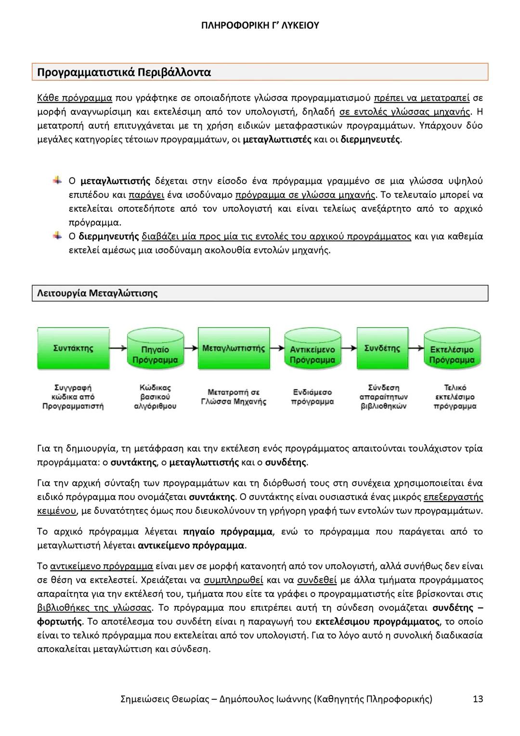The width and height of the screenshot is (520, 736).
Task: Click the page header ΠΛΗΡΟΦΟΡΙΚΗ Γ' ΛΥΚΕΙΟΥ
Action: click(260, 26)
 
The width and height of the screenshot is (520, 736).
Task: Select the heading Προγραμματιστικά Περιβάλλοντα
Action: click(124, 72)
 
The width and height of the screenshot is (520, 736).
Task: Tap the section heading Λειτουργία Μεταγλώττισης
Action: click(97, 293)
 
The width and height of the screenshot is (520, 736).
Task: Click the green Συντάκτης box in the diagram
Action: click(73, 348)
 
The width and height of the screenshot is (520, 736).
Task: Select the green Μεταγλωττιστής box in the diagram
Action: click(234, 348)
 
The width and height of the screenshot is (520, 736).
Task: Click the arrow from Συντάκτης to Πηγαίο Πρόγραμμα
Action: click(119, 348)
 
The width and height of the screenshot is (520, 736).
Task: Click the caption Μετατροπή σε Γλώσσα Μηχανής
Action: click(234, 397)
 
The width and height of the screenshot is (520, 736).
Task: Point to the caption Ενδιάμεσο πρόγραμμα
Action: click(312, 397)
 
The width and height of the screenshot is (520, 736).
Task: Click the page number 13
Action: click(478, 699)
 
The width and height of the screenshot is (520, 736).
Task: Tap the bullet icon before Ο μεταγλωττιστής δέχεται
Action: click(57, 181)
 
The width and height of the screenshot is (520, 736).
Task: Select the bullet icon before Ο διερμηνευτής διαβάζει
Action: click(57, 236)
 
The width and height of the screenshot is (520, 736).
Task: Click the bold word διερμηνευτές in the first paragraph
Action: click(370, 140)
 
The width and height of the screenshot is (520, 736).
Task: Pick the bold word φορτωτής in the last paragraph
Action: click(59, 621)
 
